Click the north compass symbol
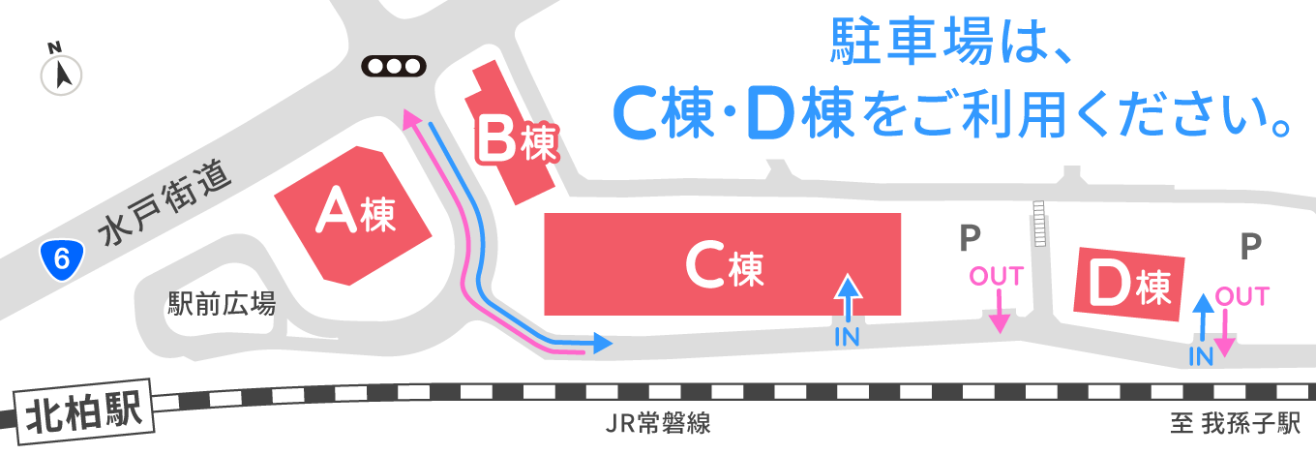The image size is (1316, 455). pos(61,70)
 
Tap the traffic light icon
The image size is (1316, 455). pos(394,66)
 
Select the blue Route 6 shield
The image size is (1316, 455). pos(62,258)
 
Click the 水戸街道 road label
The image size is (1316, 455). pos(164,201)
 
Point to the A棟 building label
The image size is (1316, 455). pos(355,212)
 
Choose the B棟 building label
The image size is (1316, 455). pos(517,140)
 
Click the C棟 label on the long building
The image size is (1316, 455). pos(725,266)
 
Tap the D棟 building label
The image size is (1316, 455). pos(1129,286)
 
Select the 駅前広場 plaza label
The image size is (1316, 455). pos(222,304)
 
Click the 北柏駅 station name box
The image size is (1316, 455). pos(83,412)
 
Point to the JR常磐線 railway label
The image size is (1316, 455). pos(658,423)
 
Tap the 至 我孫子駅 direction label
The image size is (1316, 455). pos(1235,423)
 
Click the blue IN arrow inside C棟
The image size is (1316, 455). pos(848,298)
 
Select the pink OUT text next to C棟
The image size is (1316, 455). pos(997,276)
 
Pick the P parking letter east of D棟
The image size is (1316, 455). pos(1251,247)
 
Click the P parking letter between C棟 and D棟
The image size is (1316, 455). pos(970,238)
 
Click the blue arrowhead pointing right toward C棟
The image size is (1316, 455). pos(602,343)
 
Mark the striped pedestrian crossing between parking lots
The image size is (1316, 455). pos(1039,224)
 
